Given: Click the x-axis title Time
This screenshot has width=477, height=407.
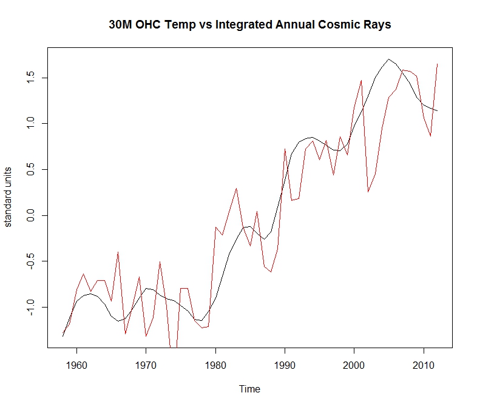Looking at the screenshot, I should click(249, 389).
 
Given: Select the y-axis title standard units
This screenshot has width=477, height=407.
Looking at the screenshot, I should click(8, 197).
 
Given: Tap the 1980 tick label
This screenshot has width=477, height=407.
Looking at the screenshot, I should click(215, 365).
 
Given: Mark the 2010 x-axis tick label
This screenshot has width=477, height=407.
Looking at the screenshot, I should click(423, 365).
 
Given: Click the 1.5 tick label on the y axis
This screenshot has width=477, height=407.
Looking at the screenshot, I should click(29, 77).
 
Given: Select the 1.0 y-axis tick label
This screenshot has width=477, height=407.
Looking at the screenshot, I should click(29, 123).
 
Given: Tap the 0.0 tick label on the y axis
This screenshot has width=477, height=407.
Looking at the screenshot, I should click(29, 215).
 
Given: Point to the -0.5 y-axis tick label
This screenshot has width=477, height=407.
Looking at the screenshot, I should click(29, 261).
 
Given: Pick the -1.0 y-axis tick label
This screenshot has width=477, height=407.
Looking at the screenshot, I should click(29, 308).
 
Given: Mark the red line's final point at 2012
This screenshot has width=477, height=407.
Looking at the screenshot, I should click(437, 64).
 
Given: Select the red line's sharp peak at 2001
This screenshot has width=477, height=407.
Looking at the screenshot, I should click(361, 80).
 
